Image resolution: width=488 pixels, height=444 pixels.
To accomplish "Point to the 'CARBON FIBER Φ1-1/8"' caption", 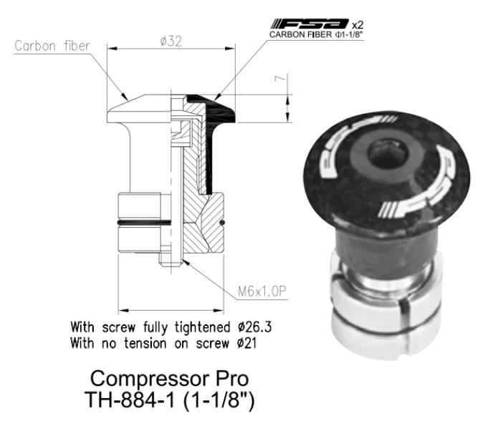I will [315, 34].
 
